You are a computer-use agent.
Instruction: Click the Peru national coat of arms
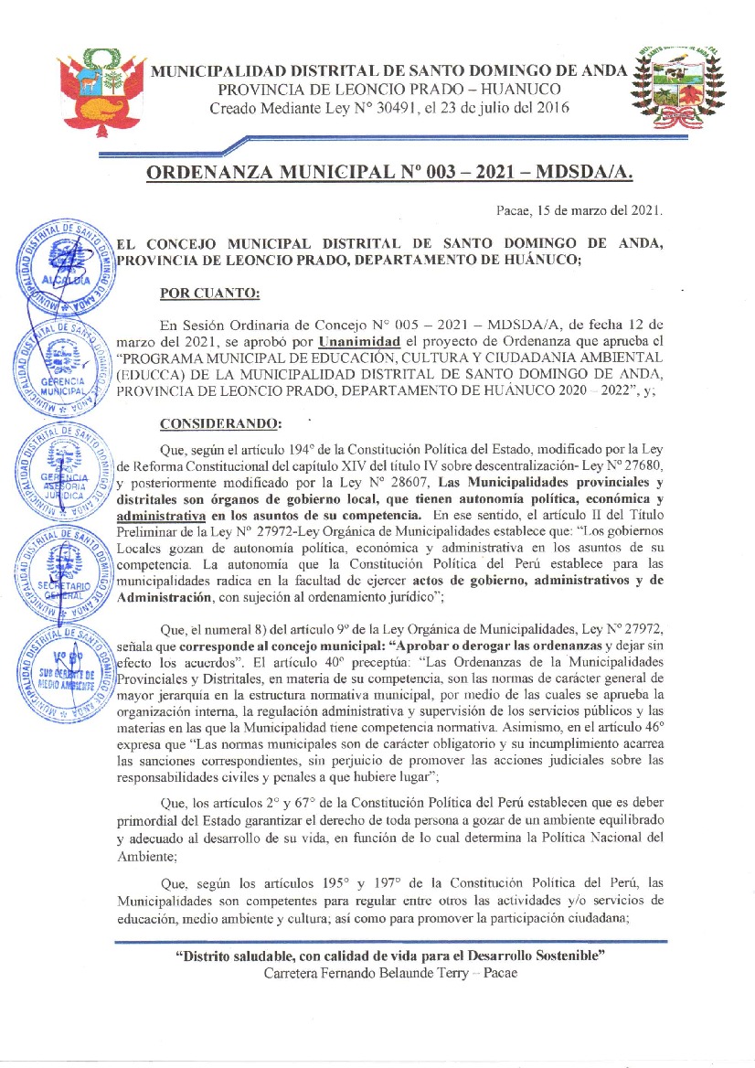[98, 90]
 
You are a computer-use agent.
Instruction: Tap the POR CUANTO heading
[209, 293]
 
